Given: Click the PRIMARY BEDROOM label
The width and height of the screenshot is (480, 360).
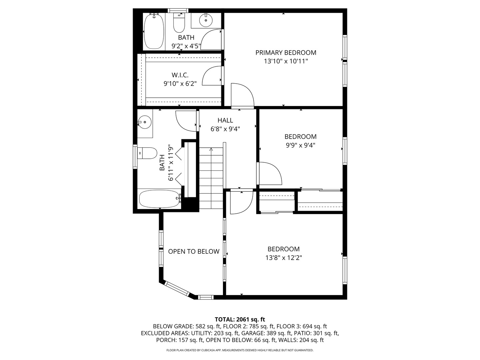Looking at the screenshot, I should (x=286, y=53).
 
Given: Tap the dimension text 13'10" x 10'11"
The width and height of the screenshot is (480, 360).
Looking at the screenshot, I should (x=286, y=61).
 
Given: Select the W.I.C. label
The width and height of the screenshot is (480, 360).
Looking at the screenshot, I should (x=180, y=75).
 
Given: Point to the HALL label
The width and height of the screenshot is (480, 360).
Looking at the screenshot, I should (x=225, y=120).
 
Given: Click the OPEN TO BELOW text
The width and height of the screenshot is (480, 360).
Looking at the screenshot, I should (x=194, y=251).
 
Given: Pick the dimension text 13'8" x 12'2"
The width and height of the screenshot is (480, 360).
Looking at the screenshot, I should (x=284, y=258).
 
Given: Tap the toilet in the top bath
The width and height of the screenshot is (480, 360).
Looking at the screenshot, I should (x=179, y=22).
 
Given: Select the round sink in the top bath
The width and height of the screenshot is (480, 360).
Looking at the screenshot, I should (x=206, y=20).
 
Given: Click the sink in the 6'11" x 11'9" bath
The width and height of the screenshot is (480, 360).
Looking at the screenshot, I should (x=144, y=122).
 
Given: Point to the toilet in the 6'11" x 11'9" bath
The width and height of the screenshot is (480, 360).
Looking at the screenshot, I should (x=147, y=153).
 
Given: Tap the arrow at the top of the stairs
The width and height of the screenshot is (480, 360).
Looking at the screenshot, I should (x=211, y=150).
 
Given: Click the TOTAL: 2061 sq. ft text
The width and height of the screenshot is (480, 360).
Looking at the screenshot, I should (x=240, y=319).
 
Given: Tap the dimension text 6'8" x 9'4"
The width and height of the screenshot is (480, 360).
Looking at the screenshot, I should (x=225, y=129).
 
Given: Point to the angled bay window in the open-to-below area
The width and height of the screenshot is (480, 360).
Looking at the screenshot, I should (x=177, y=289).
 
